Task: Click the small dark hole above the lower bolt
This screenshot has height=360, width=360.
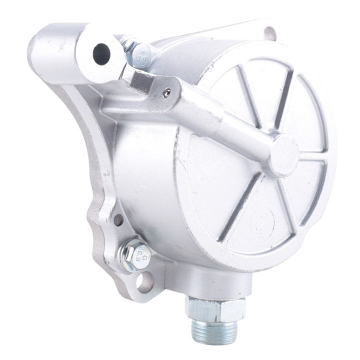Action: (118, 219)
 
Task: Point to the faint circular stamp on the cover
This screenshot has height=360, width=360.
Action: (262, 220)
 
